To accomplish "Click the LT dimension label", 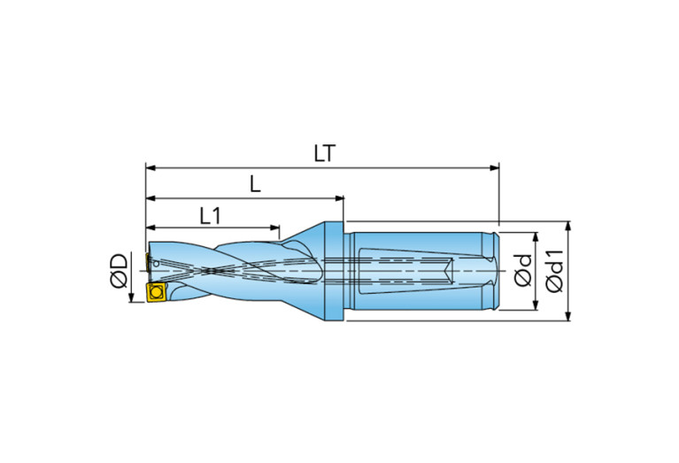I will coord(324,152).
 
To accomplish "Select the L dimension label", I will coord(254,184).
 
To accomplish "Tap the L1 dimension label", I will coord(210,215).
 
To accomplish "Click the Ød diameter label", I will coord(523,271).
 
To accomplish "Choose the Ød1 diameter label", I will coord(555,271).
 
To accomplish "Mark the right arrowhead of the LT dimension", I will coord(495,166).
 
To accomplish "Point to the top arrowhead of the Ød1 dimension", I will coord(568,225).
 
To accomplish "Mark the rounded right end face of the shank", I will coord(497,270).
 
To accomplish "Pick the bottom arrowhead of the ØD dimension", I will coord(133,298).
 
